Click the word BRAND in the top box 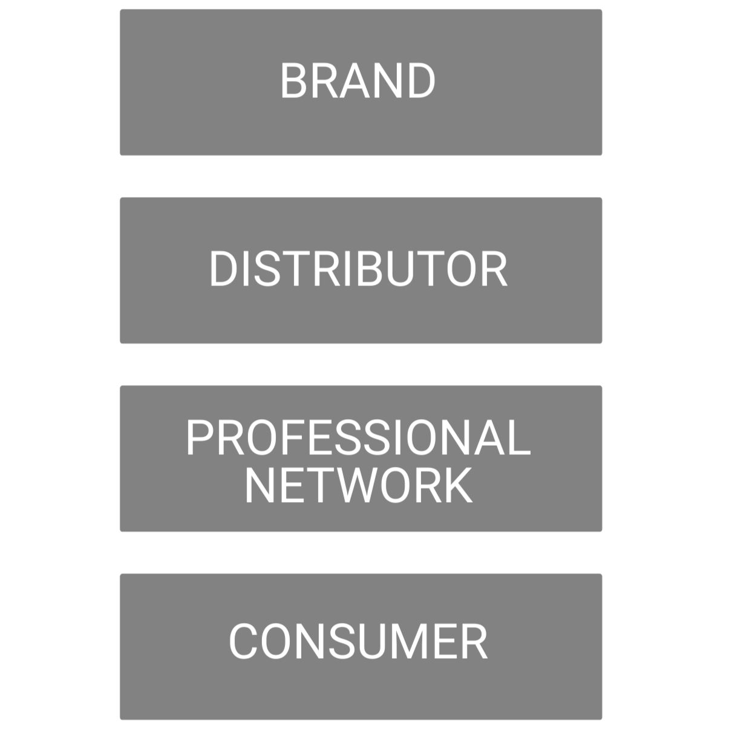tap(358, 81)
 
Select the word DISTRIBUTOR tap(358, 269)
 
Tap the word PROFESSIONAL tap(358, 437)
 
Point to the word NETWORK tap(358, 485)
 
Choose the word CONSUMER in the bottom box tap(358, 641)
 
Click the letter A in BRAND tap(357, 81)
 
